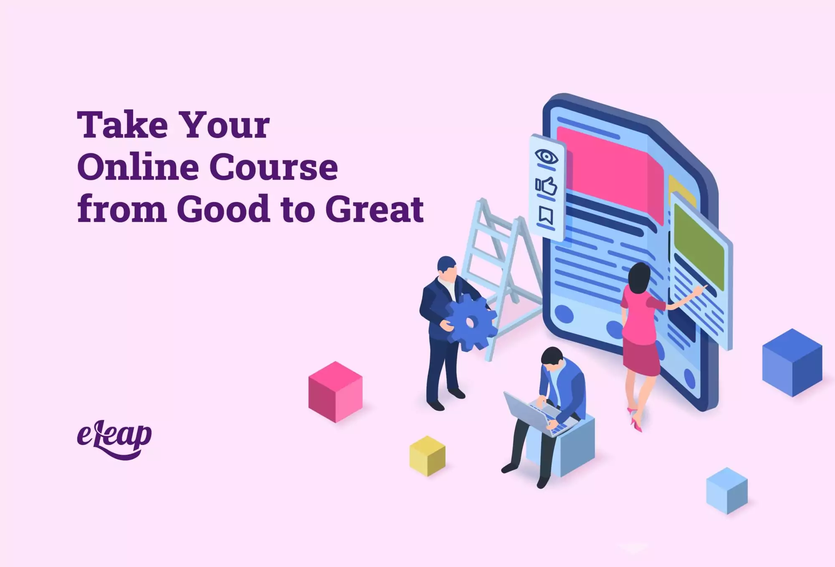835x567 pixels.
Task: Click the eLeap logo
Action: [x=114, y=440]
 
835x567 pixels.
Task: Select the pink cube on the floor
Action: [x=335, y=392]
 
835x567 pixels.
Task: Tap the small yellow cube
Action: [x=427, y=456]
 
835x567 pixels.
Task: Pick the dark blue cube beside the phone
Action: [x=792, y=362]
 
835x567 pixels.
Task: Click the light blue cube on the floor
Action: [x=727, y=491]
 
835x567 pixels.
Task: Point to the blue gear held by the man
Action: [x=471, y=322]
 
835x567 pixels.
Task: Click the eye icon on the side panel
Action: [x=547, y=157]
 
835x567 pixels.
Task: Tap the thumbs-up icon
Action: [x=546, y=186]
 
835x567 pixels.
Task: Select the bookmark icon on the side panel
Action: [x=546, y=215]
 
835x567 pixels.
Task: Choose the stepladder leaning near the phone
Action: [x=501, y=276]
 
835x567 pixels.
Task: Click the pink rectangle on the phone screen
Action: [x=610, y=175]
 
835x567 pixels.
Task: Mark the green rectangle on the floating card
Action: [x=699, y=247]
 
